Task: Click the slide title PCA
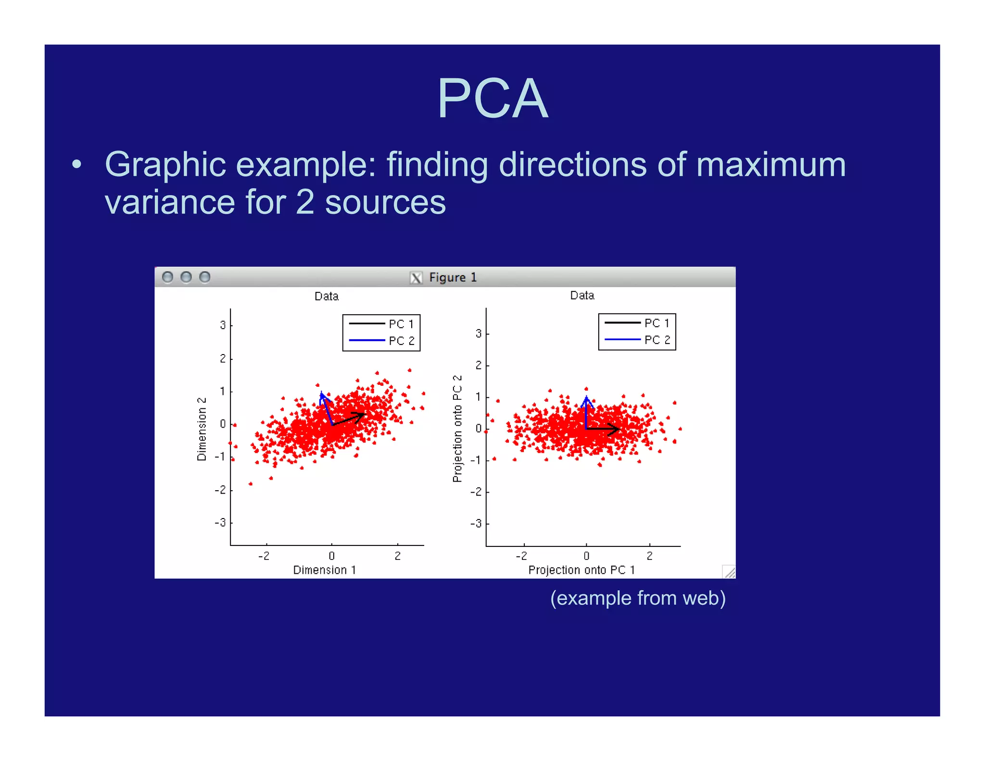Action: coord(492,99)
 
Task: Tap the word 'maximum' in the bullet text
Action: coord(770,165)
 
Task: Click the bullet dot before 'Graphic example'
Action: coord(76,165)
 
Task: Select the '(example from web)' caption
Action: coord(637,598)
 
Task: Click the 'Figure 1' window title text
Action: coord(452,278)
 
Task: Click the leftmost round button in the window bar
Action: coord(167,277)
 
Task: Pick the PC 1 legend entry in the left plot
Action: coord(381,324)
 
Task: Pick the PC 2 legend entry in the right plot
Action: coord(637,340)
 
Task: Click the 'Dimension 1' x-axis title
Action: coord(325,570)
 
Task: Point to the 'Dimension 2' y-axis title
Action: coord(202,429)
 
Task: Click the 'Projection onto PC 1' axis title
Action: coord(581,570)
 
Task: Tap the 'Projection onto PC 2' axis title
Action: coord(457,428)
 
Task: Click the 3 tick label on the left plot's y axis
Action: coord(223,325)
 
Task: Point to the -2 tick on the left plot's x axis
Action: coord(264,556)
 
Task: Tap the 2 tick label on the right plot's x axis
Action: coord(649,556)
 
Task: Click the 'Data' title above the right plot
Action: coord(582,295)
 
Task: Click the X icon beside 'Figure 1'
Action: coord(416,278)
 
